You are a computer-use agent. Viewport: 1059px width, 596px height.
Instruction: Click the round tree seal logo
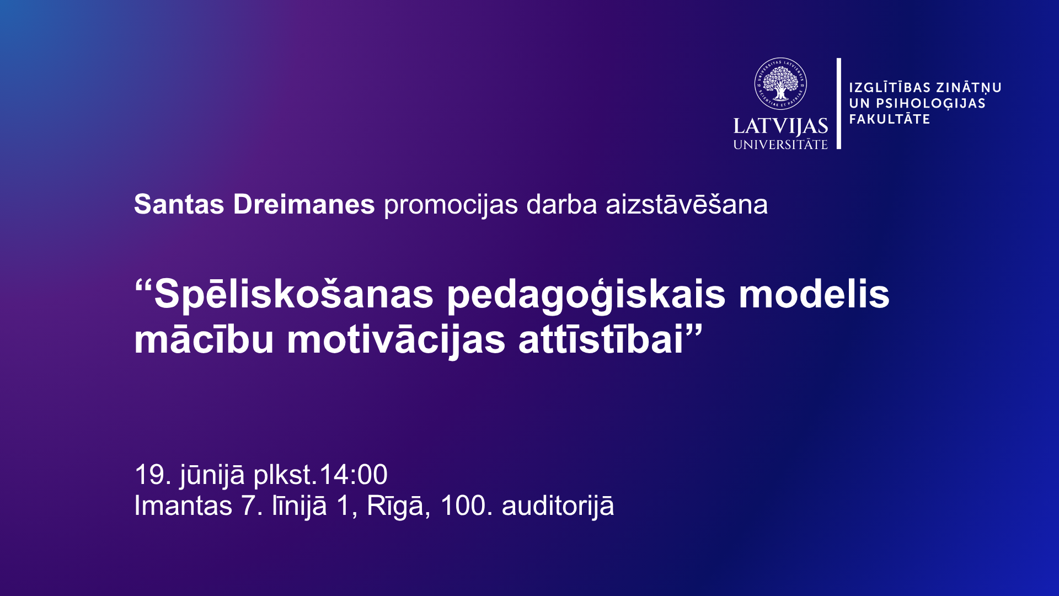[780, 84]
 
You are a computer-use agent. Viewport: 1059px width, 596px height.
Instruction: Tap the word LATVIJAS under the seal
[780, 126]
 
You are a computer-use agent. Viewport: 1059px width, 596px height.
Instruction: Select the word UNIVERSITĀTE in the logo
[780, 145]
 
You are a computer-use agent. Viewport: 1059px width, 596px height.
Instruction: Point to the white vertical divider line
[839, 103]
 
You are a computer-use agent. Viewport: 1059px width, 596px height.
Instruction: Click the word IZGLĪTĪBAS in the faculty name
[889, 88]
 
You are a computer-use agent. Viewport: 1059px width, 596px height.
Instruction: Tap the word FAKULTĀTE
[890, 119]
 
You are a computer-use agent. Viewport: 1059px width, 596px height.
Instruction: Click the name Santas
[179, 204]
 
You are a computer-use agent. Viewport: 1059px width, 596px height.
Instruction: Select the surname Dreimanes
[304, 204]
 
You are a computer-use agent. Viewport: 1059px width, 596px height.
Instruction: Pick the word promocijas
[451, 205]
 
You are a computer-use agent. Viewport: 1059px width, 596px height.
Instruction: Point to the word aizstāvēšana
[687, 204]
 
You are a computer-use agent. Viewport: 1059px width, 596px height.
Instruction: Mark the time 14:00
[353, 475]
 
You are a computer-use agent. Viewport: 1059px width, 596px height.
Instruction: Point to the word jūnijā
[212, 476]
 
